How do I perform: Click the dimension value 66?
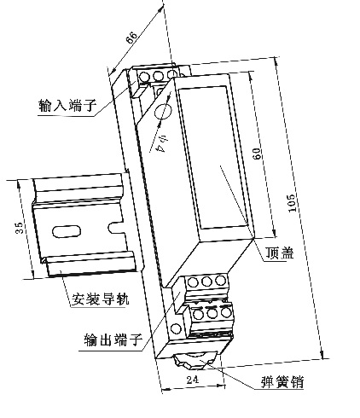tap(131, 37)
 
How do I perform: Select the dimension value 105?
tap(292, 203)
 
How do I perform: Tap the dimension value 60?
tap(256, 154)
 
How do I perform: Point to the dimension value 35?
tap(19, 228)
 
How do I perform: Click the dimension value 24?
tap(193, 380)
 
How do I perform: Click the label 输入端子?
tap(67, 105)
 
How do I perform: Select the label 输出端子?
tap(113, 340)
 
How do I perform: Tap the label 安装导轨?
tap(100, 299)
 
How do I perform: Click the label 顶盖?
tap(280, 253)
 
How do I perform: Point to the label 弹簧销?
tap(282, 382)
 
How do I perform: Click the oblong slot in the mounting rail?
tap(67, 231)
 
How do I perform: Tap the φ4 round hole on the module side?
tap(163, 111)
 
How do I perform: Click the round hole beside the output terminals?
tap(176, 329)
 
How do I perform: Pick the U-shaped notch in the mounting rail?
tap(117, 227)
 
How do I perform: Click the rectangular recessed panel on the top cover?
tap(213, 158)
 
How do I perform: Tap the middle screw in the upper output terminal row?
tap(206, 282)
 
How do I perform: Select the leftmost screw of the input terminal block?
tap(144, 77)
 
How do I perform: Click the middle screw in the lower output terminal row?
tap(212, 313)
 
